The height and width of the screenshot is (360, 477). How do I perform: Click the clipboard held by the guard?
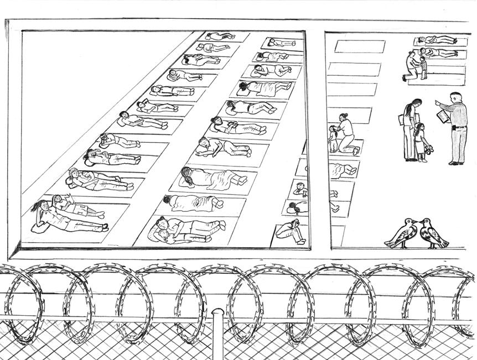click(443, 117)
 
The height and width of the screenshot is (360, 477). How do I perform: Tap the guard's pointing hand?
click(437, 103)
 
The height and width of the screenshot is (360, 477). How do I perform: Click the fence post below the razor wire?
click(218, 332)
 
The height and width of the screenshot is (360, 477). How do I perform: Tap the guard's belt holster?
click(454, 128)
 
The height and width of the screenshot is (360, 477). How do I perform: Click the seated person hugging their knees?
click(292, 229)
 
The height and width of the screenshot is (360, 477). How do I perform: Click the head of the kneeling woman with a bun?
click(344, 117)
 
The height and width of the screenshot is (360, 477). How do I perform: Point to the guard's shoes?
click(457, 163)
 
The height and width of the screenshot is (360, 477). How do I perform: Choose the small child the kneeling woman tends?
click(334, 138)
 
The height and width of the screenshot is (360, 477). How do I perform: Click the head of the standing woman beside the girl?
click(415, 103)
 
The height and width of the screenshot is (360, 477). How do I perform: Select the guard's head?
click(455, 97)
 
